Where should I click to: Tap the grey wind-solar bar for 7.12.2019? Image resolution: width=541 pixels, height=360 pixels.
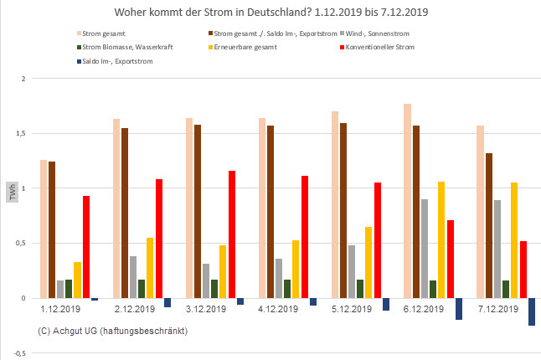click(499, 249)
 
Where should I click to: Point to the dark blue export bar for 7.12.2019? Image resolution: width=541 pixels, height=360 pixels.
click(532, 311)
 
